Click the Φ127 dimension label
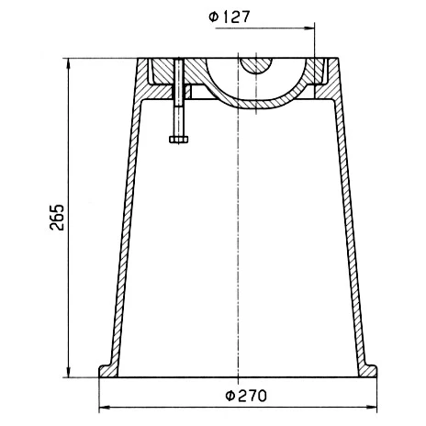230,17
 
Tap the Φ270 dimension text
246,396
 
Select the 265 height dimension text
57,217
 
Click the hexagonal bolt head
179,140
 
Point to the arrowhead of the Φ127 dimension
309,28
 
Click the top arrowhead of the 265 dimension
69,63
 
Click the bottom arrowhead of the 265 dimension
69,372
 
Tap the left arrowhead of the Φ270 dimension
105,408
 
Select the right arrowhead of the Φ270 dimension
372,408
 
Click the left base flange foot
107,371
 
